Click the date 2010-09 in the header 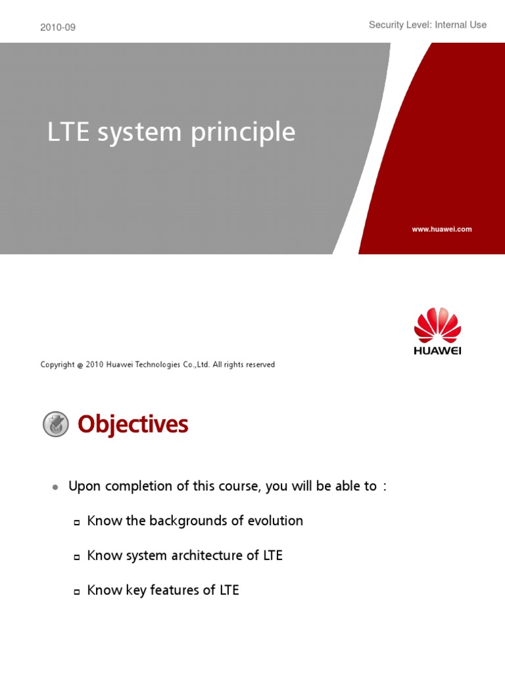58,28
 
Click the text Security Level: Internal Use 427,25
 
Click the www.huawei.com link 442,229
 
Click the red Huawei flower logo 437,325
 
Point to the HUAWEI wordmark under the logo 437,351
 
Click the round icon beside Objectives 56,425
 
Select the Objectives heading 133,425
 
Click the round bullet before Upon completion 56,487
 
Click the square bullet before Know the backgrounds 76,522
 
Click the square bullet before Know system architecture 76,557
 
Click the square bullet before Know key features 76,592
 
